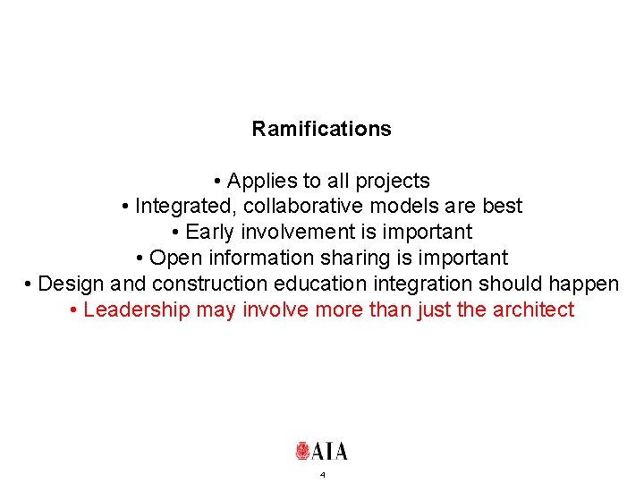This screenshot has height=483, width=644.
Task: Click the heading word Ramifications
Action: click(321, 129)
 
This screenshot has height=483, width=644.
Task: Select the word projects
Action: click(393, 181)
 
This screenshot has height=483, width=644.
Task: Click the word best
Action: click(502, 207)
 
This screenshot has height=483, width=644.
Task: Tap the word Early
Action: click(209, 233)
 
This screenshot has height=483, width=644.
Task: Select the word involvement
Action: click(292, 233)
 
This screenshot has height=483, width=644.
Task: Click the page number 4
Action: click(322, 474)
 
